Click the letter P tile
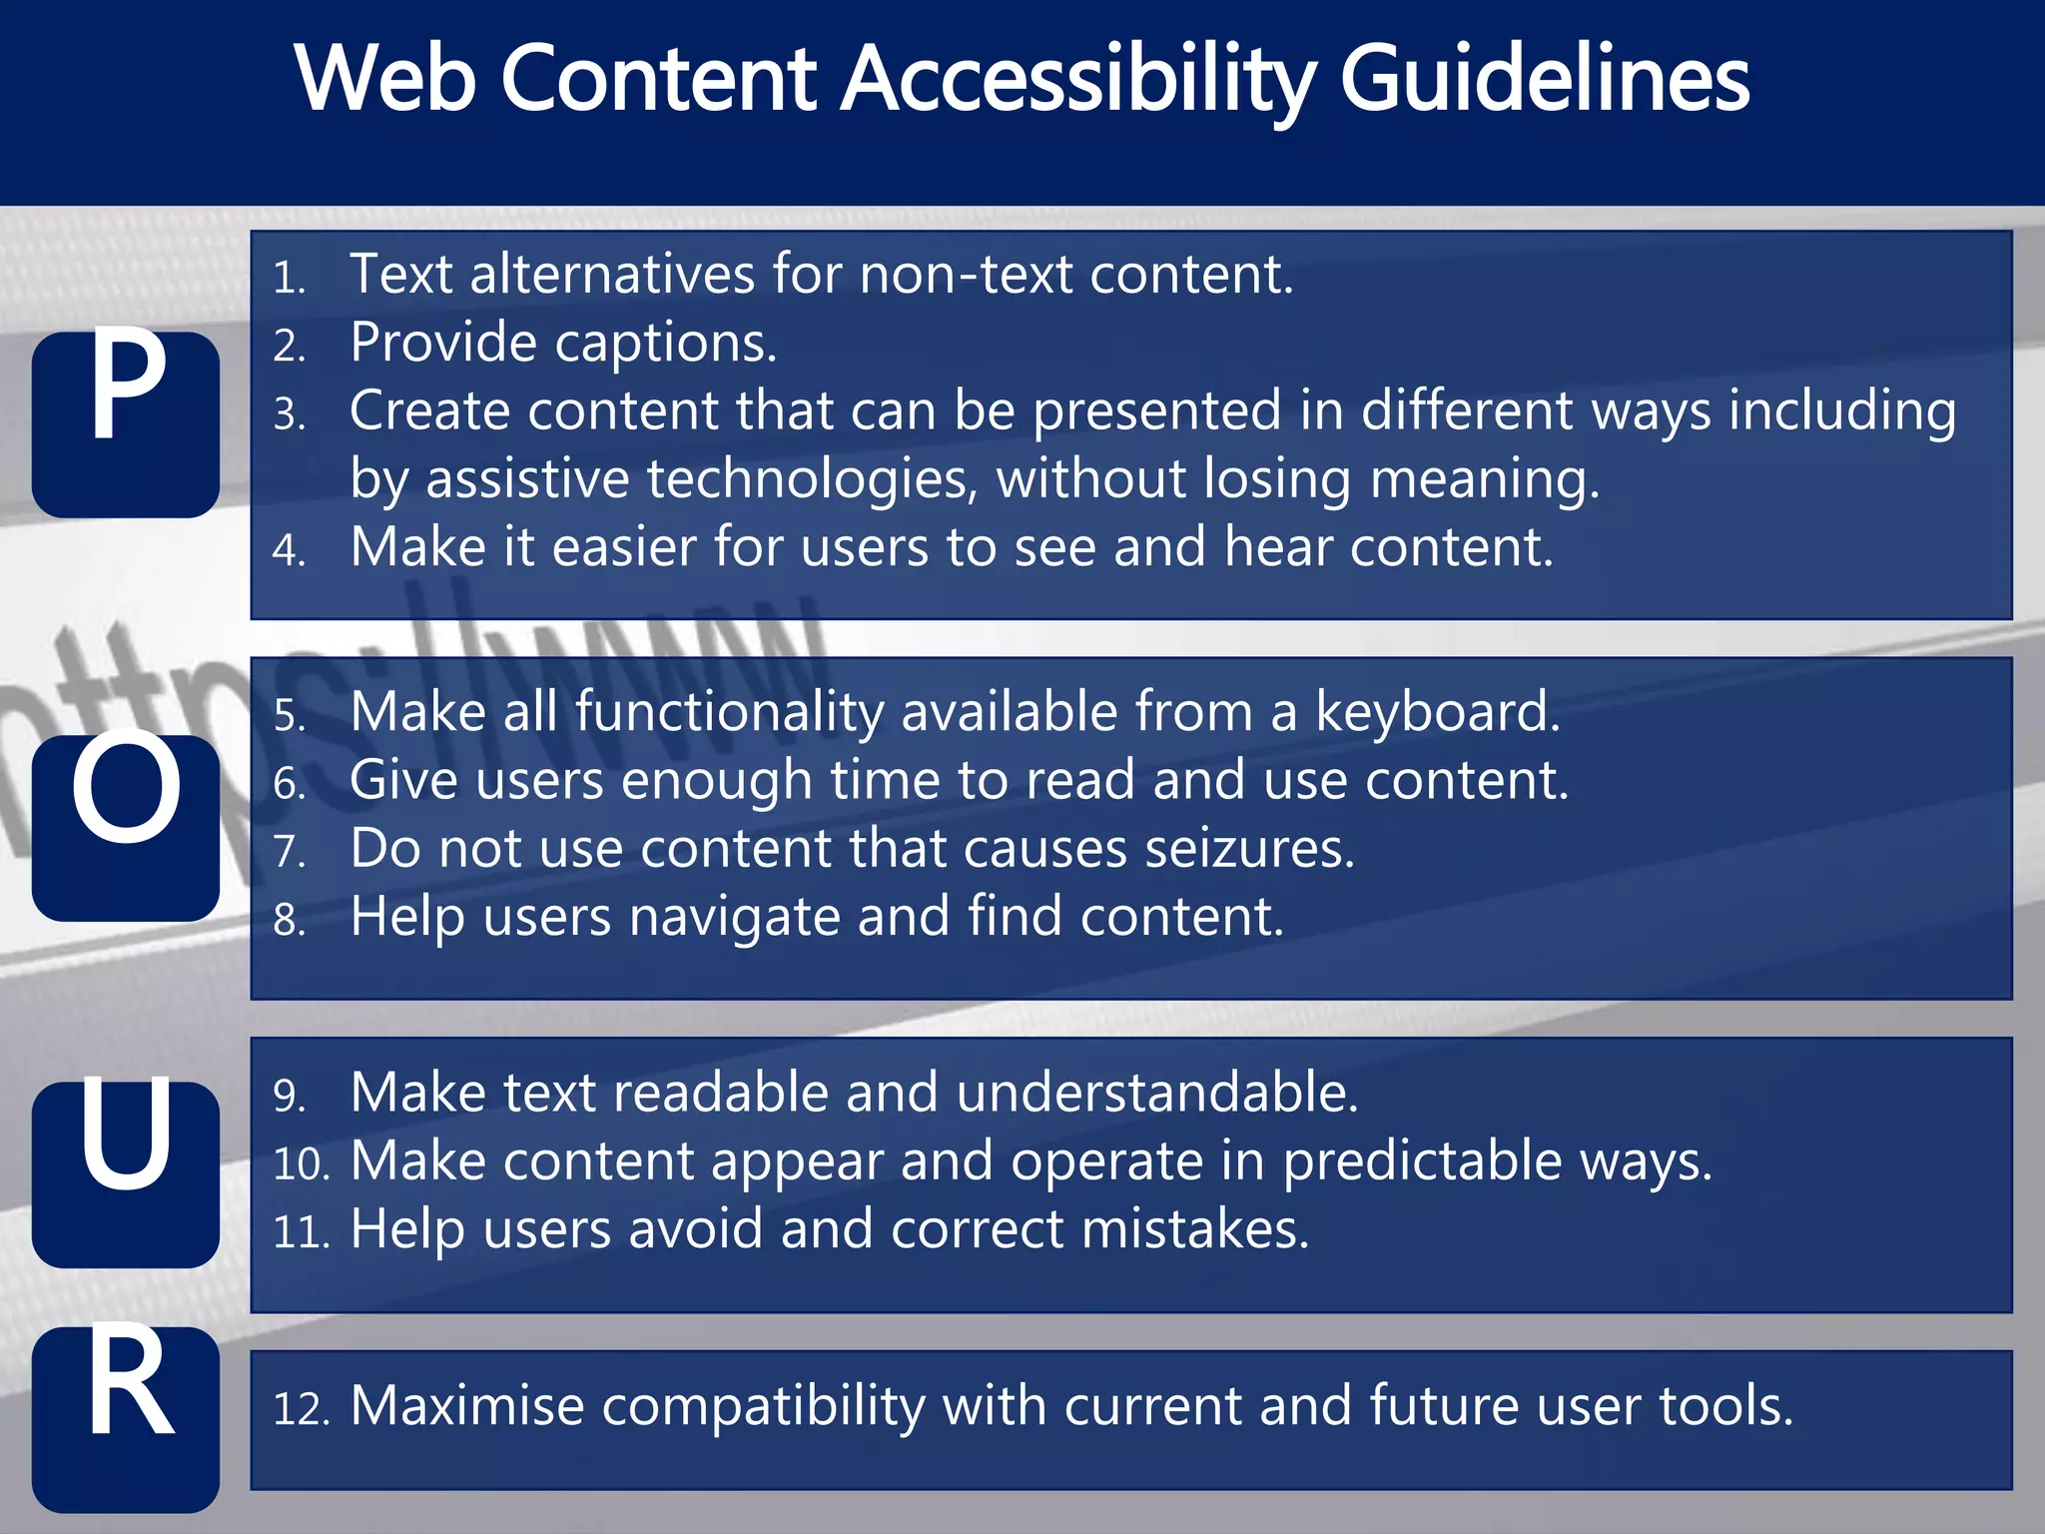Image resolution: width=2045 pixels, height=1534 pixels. click(x=126, y=423)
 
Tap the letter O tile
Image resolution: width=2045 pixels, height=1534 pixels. click(x=126, y=827)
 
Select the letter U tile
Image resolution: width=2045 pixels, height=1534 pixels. click(x=126, y=1173)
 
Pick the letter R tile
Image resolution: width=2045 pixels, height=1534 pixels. click(x=126, y=1418)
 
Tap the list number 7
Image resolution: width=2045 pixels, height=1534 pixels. click(x=289, y=852)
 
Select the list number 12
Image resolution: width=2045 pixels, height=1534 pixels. click(x=301, y=1409)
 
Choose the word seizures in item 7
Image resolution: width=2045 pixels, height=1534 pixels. click(x=1249, y=850)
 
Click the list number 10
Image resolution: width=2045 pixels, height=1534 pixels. click(x=301, y=1164)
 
